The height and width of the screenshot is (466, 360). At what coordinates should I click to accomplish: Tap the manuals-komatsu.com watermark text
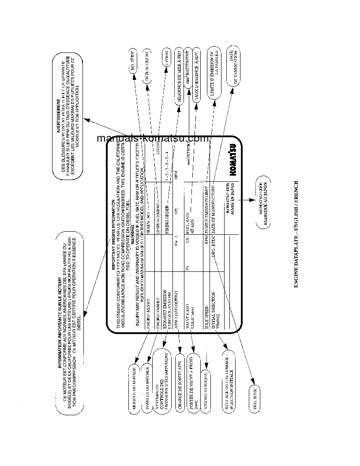click(152, 139)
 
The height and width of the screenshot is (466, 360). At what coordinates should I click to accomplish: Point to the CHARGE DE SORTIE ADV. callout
click(179, 385)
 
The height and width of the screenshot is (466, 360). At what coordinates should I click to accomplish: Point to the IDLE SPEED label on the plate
click(207, 300)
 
